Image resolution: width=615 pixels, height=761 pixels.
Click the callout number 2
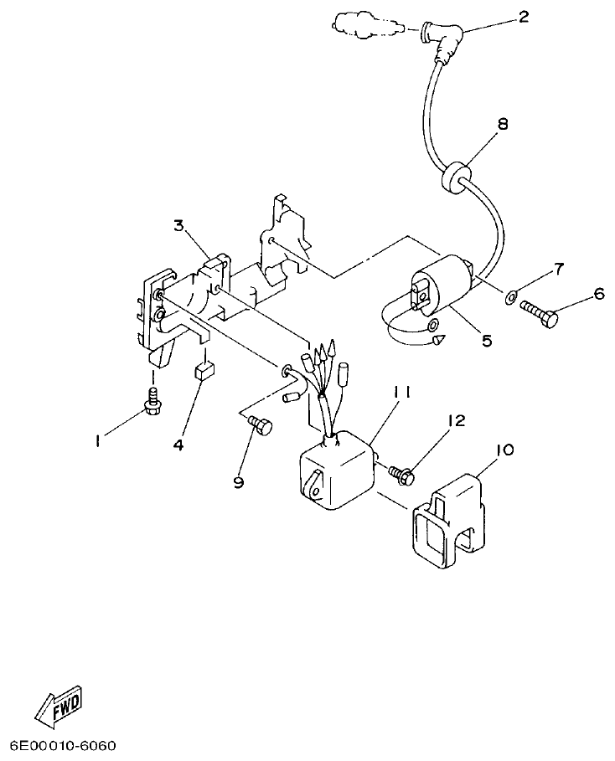coord(524,16)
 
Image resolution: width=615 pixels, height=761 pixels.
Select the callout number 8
coord(502,124)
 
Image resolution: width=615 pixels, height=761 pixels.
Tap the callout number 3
coord(178,225)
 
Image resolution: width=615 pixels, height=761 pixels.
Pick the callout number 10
coord(504,450)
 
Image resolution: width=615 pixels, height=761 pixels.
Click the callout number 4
coord(178,445)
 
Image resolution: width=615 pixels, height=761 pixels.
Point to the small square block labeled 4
coord(204,371)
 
